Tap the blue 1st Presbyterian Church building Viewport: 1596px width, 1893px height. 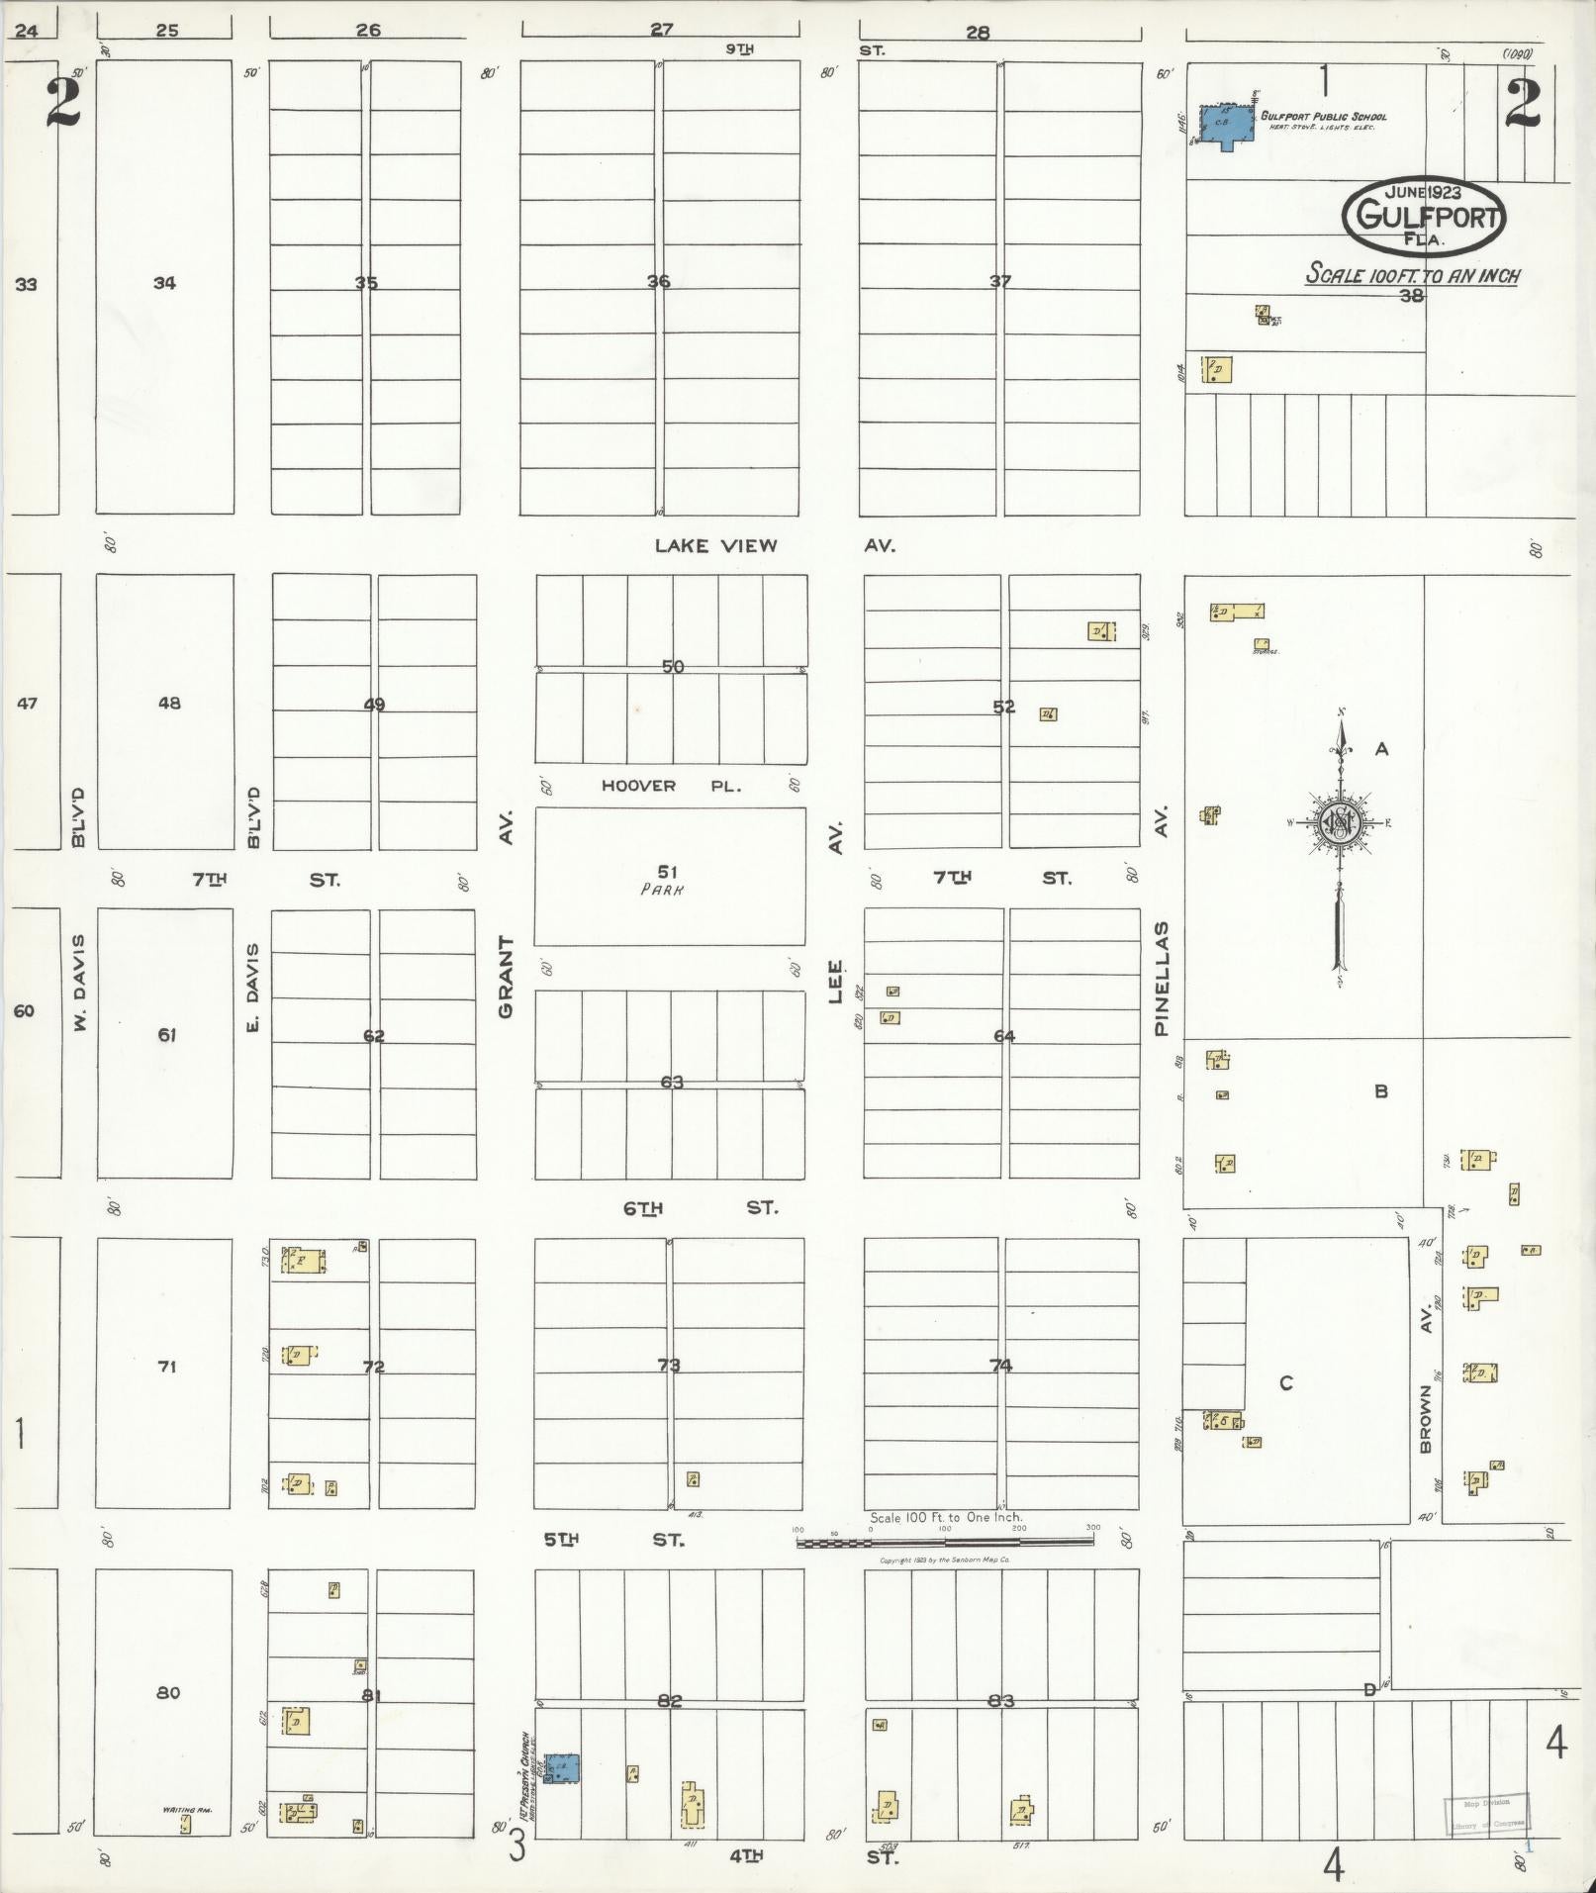[x=561, y=1767]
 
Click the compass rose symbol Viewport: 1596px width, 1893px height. [x=1340, y=822]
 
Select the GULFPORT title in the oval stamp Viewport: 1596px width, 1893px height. [x=1424, y=216]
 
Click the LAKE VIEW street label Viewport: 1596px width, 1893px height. [x=716, y=545]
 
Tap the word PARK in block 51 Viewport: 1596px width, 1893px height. [x=663, y=889]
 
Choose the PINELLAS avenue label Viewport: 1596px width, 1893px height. [x=1162, y=979]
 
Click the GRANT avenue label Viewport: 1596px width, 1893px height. [x=506, y=978]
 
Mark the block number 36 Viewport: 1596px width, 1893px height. [x=658, y=282]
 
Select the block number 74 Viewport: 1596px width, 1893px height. [x=1000, y=1366]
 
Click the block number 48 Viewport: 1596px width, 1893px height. [x=168, y=704]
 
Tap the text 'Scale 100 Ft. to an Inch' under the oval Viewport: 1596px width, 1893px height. [x=1412, y=274]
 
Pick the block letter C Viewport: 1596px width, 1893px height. [x=1286, y=1383]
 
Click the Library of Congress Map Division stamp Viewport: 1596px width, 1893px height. [x=1486, y=1812]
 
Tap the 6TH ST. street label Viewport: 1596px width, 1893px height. [x=700, y=1208]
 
